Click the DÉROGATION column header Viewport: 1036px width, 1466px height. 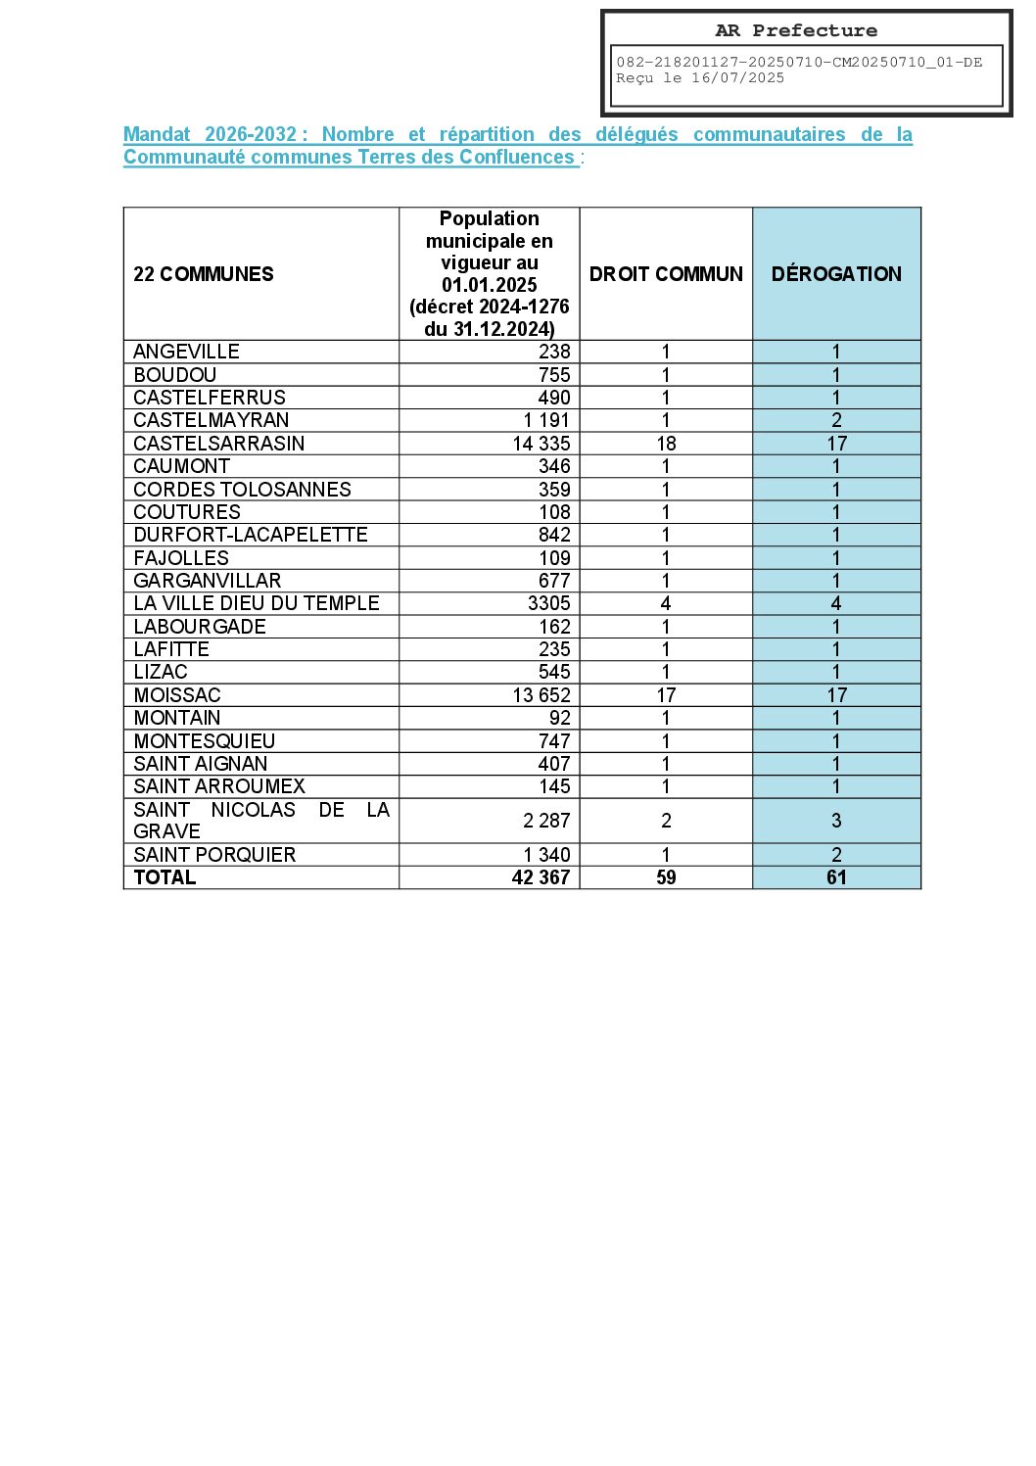point(836,274)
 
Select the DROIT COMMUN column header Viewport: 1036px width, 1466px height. point(666,274)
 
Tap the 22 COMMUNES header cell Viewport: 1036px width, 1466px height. point(204,274)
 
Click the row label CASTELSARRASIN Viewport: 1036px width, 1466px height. point(219,444)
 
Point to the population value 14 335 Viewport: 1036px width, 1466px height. point(542,444)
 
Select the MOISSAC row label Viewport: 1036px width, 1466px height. point(177,695)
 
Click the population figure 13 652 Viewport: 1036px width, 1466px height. point(542,695)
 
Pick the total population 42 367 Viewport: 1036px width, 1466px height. point(541,877)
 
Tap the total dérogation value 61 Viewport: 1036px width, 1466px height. point(836,877)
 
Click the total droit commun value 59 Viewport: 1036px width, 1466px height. point(666,877)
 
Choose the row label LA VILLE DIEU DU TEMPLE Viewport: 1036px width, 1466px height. point(257,603)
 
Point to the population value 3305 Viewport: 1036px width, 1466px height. point(548,603)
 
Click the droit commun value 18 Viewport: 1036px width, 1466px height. point(666,444)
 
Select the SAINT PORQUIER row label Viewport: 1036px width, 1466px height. point(214,855)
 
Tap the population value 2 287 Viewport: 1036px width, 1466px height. point(546,821)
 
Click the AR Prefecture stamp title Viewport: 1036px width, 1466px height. point(796,30)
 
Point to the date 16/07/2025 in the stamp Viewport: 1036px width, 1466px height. point(737,78)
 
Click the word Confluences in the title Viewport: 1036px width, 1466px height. point(517,158)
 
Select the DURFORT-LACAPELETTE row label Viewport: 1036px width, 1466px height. point(251,535)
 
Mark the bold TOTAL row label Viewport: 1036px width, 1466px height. point(165,877)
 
